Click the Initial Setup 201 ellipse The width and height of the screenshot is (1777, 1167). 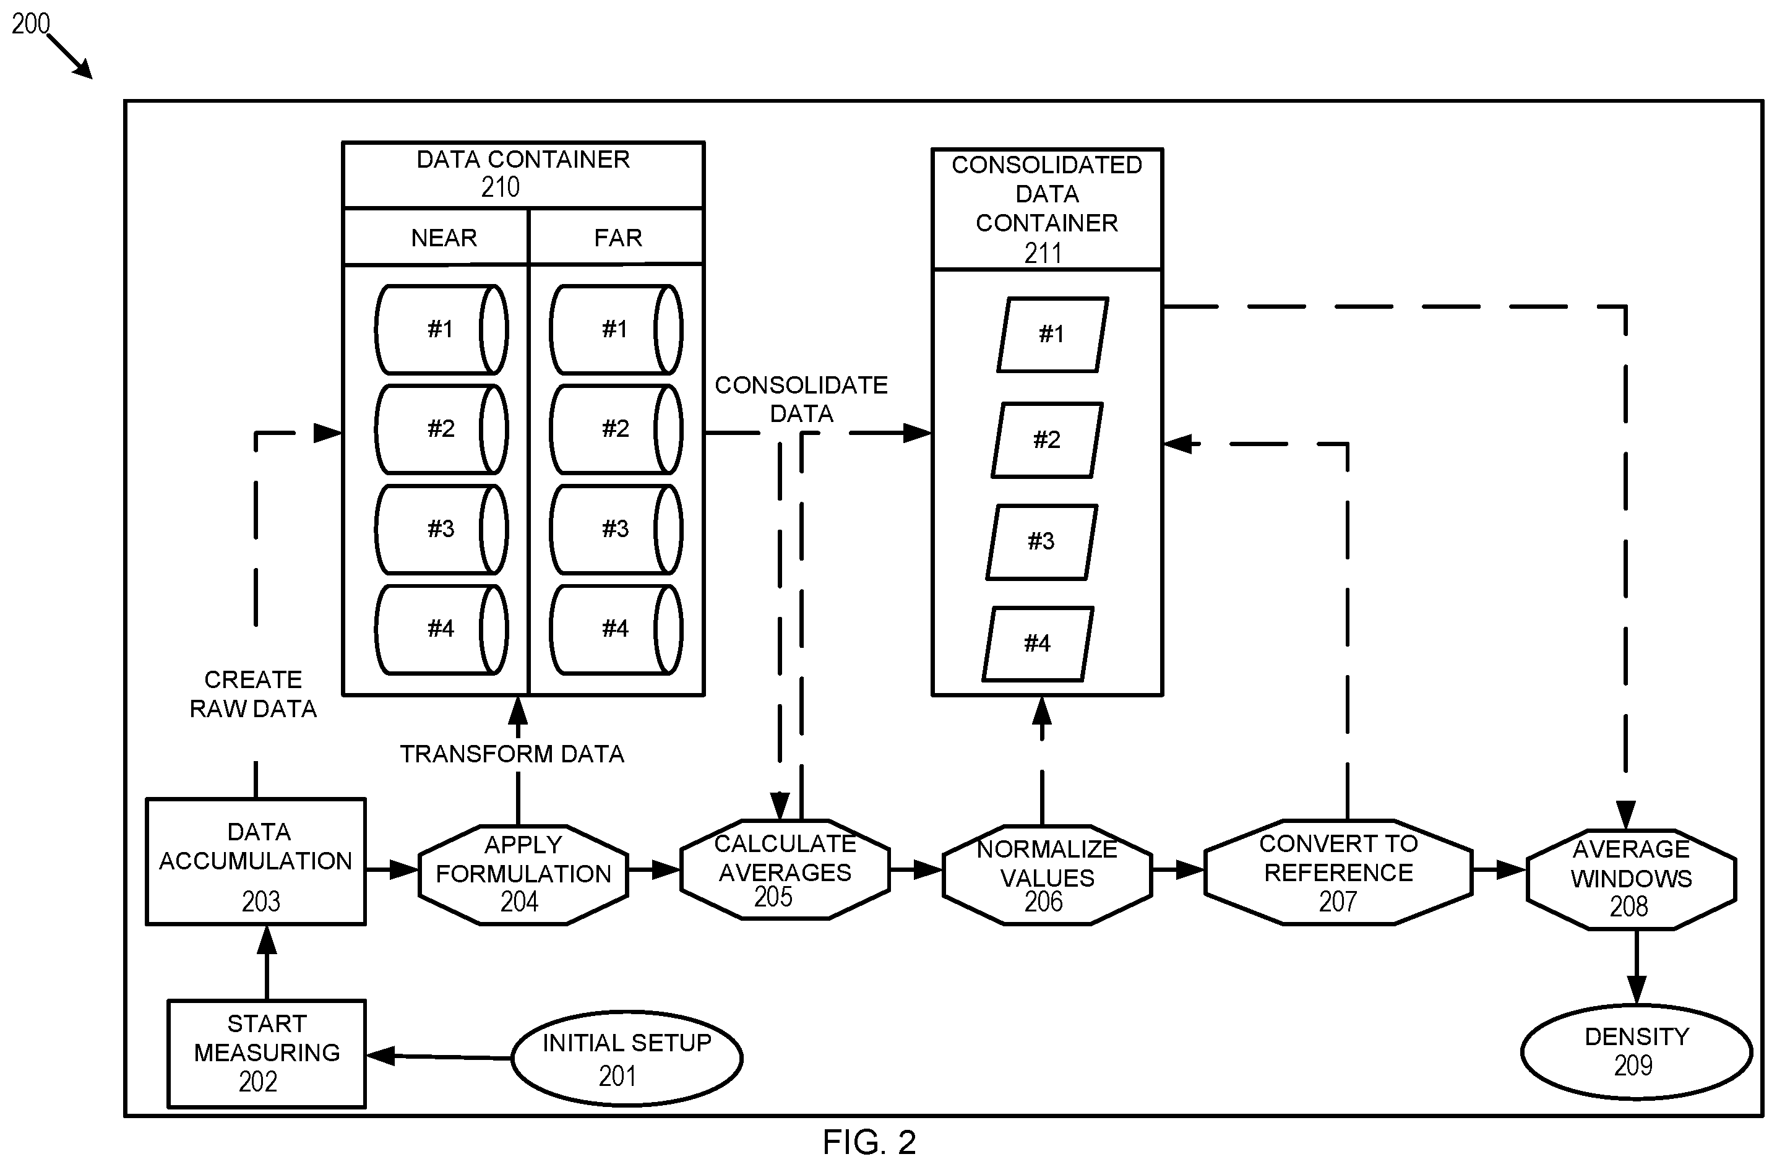(627, 1059)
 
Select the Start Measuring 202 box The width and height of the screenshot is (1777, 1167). (267, 1054)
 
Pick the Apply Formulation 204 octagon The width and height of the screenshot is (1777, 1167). (523, 874)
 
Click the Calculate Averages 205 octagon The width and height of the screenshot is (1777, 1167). (785, 869)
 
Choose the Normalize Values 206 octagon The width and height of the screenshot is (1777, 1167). (1047, 874)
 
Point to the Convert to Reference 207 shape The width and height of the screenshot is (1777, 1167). (1338, 872)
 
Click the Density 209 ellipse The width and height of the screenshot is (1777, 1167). (1637, 1052)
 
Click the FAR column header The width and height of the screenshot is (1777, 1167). (616, 237)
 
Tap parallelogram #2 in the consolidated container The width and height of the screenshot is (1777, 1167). (1047, 440)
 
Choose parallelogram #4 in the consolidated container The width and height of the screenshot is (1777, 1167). (1038, 644)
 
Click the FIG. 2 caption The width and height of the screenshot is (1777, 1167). (869, 1142)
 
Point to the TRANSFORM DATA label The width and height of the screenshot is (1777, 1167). (512, 754)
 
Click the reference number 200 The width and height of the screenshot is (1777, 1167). (30, 24)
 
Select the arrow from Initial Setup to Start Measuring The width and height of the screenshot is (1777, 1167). (439, 1056)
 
